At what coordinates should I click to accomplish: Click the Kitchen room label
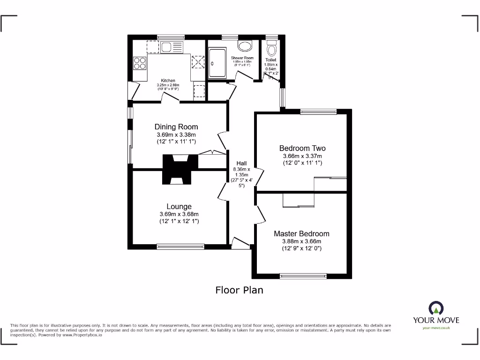(168, 80)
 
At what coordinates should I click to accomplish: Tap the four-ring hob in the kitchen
(140, 63)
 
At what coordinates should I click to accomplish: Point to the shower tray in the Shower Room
(217, 63)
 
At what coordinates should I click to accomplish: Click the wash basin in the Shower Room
(244, 45)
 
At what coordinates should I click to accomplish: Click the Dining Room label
(176, 127)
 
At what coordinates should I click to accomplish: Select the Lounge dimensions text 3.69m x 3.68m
(179, 214)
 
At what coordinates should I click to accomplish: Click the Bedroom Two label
(302, 148)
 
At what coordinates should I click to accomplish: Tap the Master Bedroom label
(301, 233)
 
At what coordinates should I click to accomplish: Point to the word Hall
(241, 163)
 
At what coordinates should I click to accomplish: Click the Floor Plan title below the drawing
(239, 290)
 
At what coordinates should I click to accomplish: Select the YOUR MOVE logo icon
(436, 308)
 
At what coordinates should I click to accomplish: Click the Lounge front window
(180, 246)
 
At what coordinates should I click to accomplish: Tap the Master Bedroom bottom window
(303, 275)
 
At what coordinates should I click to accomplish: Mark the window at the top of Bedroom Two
(318, 112)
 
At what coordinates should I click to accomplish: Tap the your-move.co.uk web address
(436, 328)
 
